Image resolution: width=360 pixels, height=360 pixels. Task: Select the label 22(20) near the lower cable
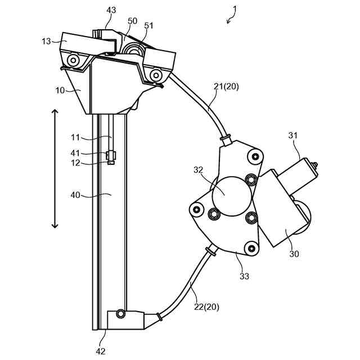207,307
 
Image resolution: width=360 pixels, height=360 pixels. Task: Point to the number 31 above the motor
292,136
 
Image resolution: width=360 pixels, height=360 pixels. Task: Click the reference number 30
293,254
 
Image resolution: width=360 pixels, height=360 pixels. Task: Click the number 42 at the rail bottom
101,350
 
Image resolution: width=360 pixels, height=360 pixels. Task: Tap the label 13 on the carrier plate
46,41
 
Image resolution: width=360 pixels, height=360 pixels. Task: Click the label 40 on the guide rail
75,196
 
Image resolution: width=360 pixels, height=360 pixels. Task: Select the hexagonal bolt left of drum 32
214,213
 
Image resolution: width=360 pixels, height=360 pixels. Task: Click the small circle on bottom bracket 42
120,313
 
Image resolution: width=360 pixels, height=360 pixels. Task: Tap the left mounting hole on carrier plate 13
71,60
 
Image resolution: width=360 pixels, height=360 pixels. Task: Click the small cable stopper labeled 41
111,154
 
